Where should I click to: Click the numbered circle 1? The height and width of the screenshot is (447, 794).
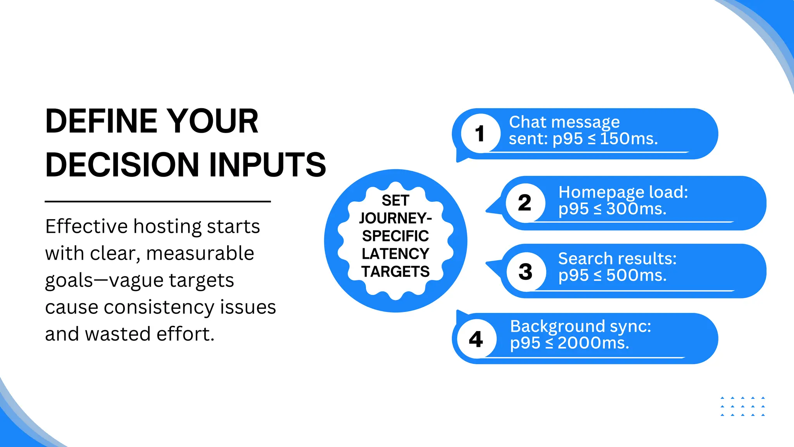480,133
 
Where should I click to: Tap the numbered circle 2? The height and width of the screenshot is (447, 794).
525,203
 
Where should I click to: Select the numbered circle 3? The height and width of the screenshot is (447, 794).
526,272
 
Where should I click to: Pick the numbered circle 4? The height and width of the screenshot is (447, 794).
476,339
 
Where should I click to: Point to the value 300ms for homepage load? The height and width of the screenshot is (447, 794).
636,209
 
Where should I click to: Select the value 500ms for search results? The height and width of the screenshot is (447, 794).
636,275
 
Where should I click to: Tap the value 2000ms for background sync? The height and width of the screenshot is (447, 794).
593,343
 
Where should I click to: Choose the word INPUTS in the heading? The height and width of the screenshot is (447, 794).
268,165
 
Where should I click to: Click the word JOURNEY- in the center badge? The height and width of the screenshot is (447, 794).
395,218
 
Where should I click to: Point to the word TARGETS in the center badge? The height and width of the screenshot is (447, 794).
395,272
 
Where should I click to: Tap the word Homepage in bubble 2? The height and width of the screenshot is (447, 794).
601,192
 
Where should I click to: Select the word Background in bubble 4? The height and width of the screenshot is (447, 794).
558,326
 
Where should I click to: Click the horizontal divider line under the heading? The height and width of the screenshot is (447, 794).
157,201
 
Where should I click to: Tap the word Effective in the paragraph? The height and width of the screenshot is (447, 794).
86,226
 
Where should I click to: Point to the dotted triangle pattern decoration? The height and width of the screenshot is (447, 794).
742,406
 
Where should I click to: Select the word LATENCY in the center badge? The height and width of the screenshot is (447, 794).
395,254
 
